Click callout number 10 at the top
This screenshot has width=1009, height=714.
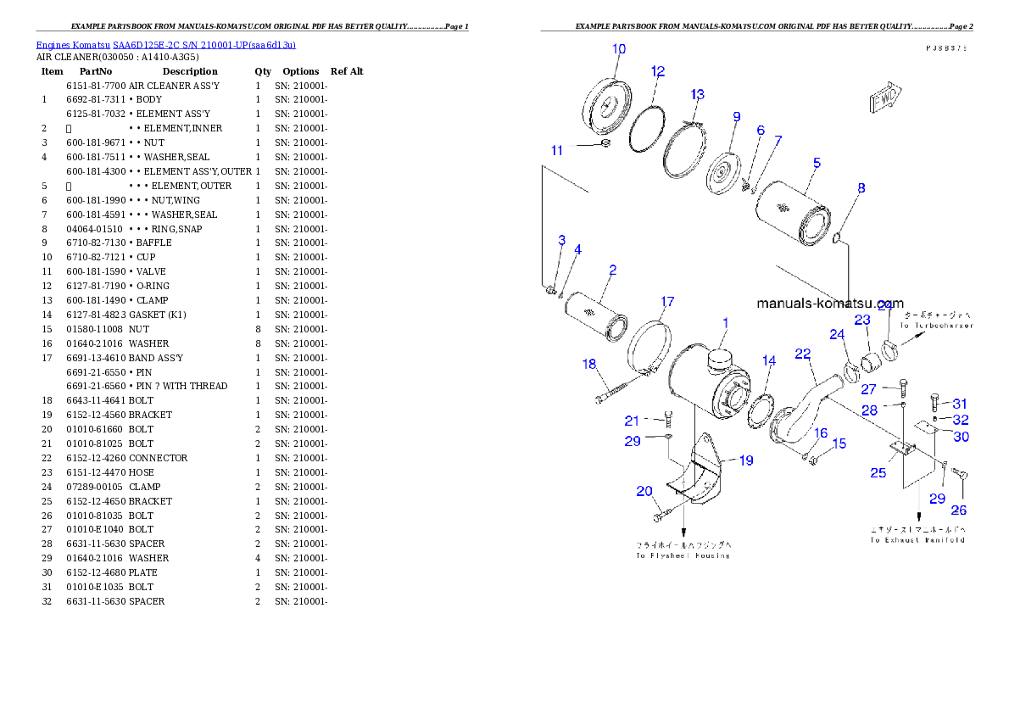pyautogui.click(x=619, y=49)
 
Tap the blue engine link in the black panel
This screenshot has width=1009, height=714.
pyautogui.click(x=165, y=45)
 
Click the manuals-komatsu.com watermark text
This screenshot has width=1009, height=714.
pyautogui.click(x=829, y=303)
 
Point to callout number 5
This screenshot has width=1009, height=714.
pyautogui.click(x=816, y=162)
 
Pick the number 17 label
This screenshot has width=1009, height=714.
pyautogui.click(x=667, y=301)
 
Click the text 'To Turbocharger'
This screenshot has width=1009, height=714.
pyautogui.click(x=935, y=326)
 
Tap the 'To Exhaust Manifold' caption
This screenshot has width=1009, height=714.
pyautogui.click(x=917, y=539)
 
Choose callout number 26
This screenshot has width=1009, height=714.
pyautogui.click(x=958, y=510)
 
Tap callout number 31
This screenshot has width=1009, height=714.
pyautogui.click(x=959, y=403)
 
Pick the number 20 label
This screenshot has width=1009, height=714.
pyautogui.click(x=644, y=491)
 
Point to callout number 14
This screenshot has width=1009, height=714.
pyautogui.click(x=768, y=360)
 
